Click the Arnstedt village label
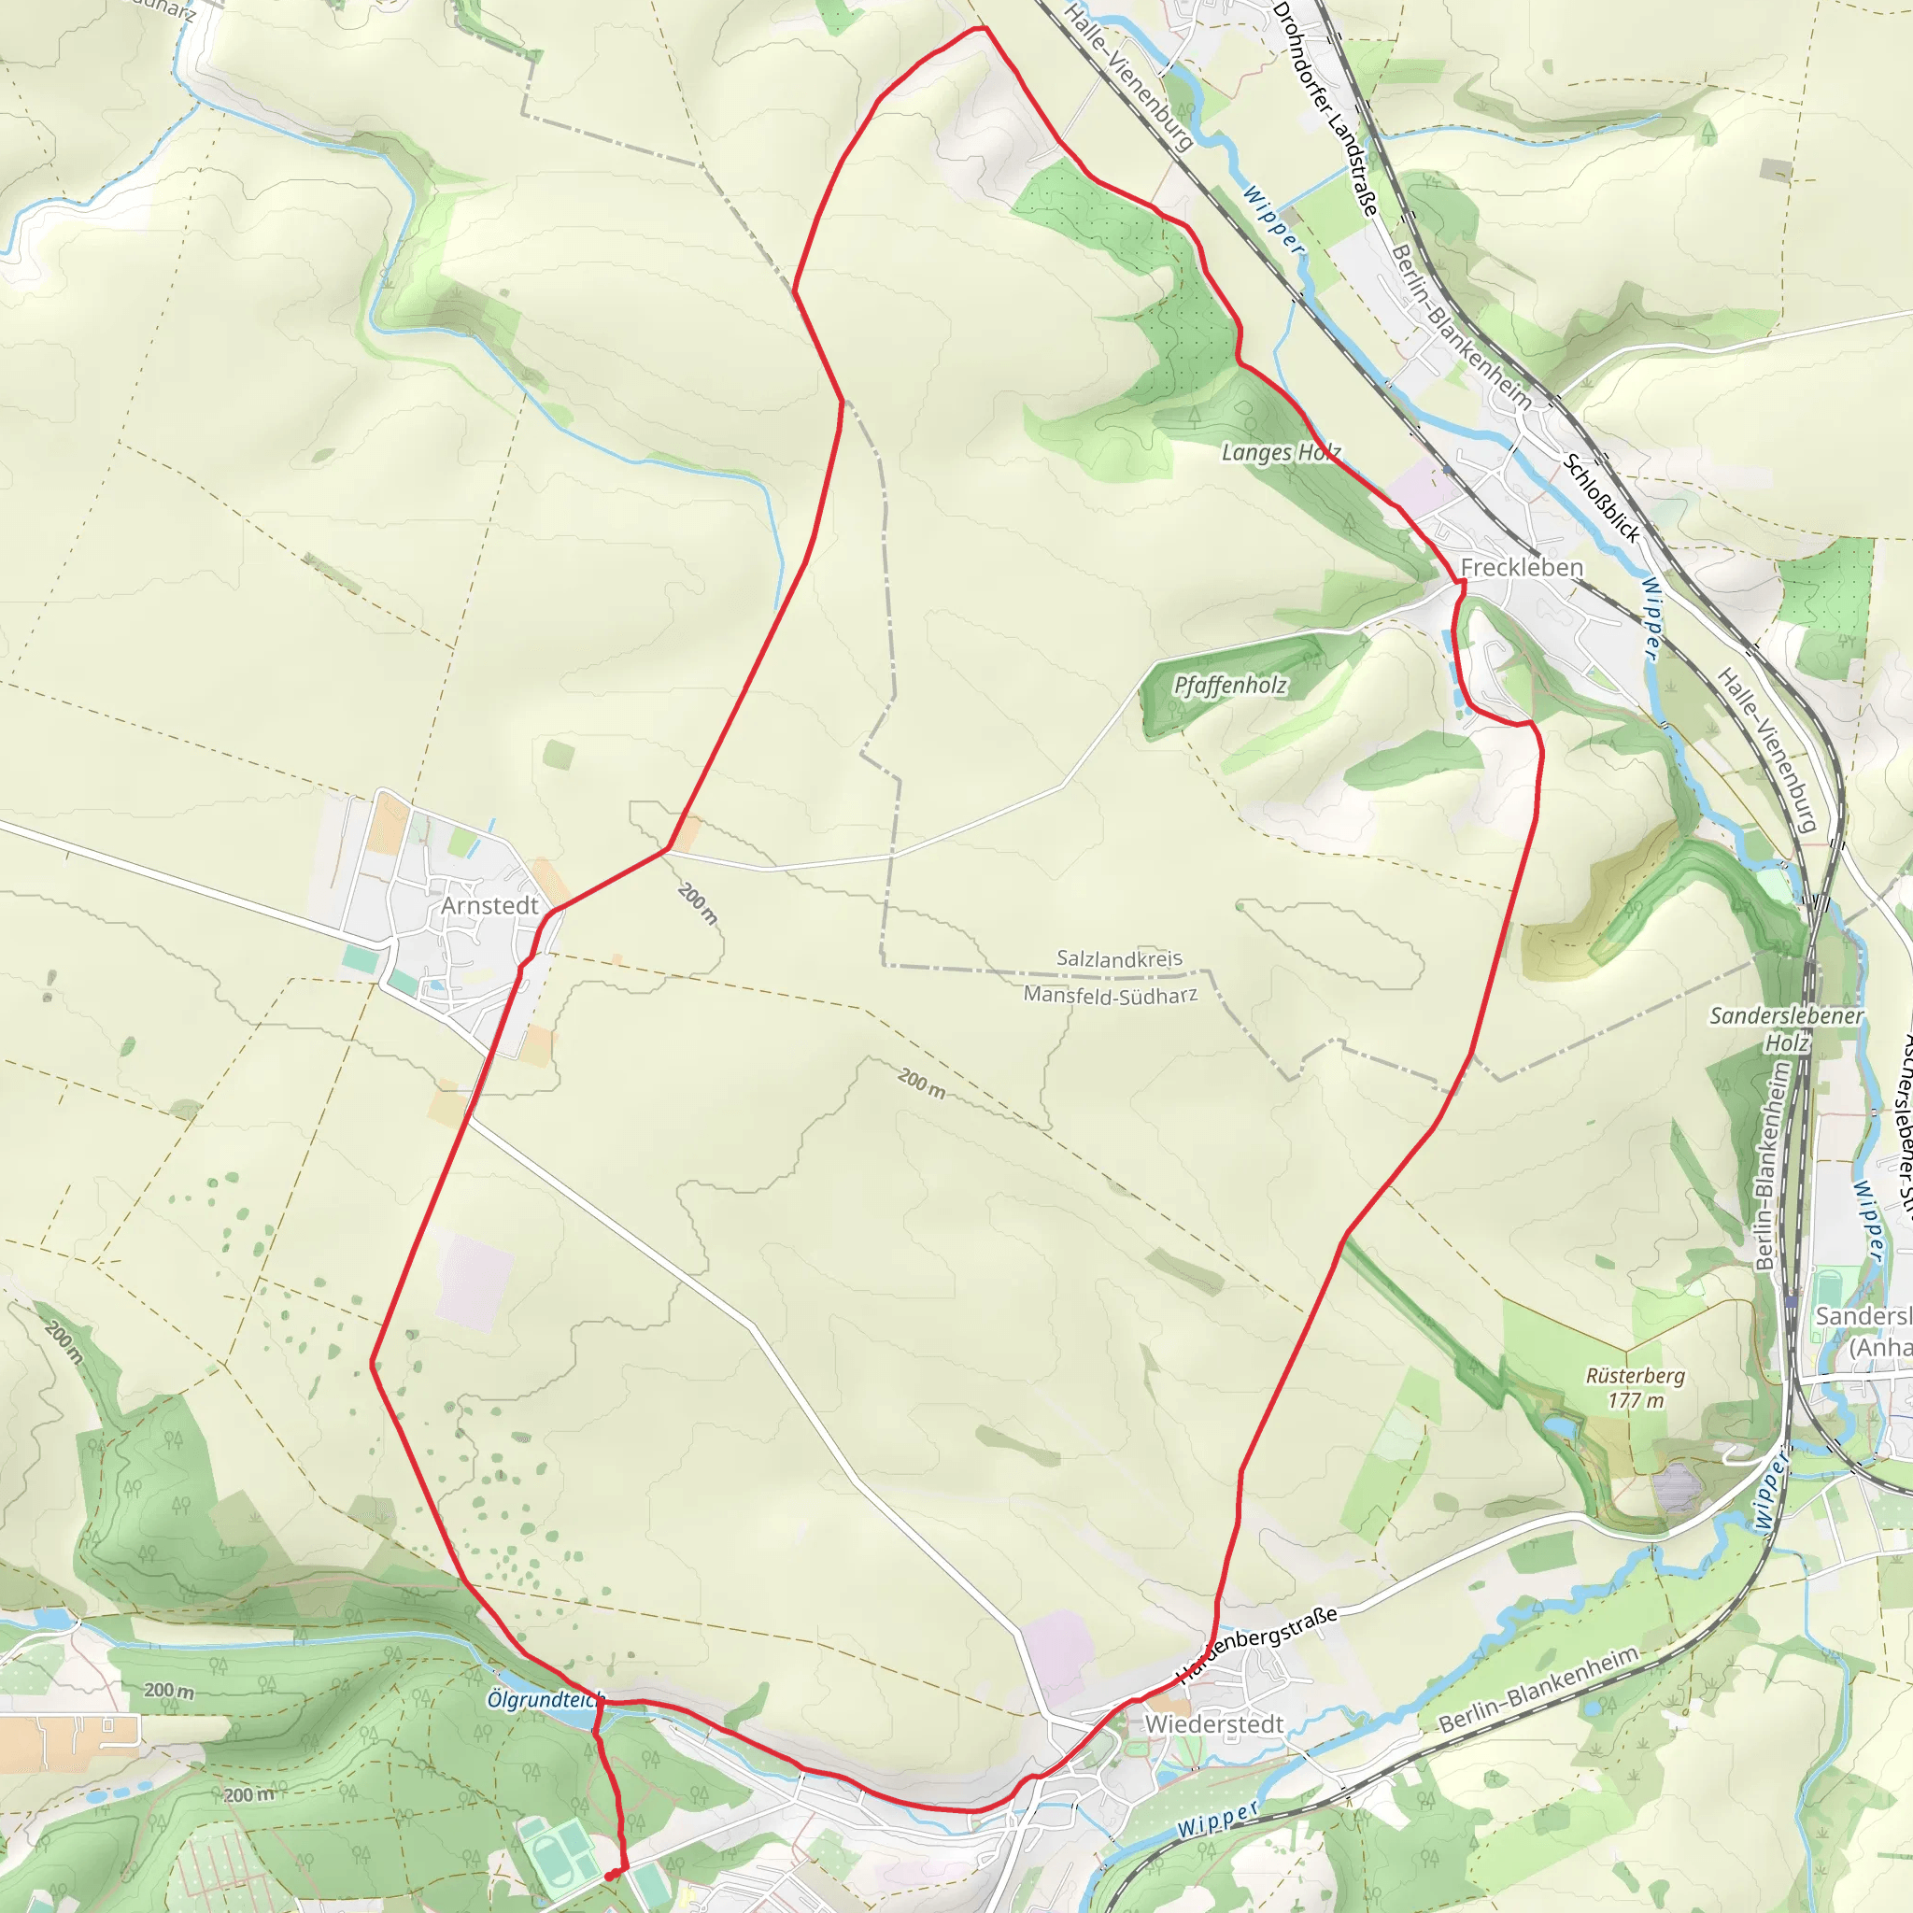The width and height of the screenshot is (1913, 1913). click(489, 905)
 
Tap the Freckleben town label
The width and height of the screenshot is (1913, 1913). click(1522, 567)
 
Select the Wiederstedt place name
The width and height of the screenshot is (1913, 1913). click(1214, 1724)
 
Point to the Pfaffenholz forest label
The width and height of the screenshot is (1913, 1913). click(1230, 686)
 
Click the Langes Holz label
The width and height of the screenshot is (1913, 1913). click(1281, 452)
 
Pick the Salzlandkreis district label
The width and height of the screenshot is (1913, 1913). click(1119, 958)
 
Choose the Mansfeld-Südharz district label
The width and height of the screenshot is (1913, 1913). click(1110, 995)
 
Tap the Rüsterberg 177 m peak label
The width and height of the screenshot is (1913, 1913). click(1635, 1387)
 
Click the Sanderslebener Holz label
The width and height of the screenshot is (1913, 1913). click(1786, 1028)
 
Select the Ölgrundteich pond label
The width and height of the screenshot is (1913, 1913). click(545, 1699)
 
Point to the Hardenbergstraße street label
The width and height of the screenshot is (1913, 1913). click(1257, 1645)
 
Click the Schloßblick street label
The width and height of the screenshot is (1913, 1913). click(1601, 497)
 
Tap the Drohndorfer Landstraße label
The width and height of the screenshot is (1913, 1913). click(1325, 109)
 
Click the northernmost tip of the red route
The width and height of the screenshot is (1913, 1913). click(982, 28)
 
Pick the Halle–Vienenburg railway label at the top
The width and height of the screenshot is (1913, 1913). click(1128, 78)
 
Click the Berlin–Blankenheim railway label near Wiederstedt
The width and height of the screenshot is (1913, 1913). click(1538, 1689)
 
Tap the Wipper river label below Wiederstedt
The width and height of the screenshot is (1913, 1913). click(1218, 1818)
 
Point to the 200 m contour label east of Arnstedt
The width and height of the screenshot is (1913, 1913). click(697, 903)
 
